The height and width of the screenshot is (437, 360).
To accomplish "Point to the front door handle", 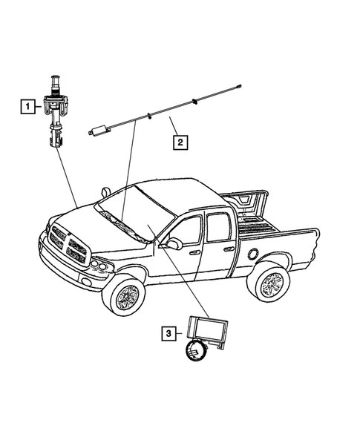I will coord(196,252).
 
